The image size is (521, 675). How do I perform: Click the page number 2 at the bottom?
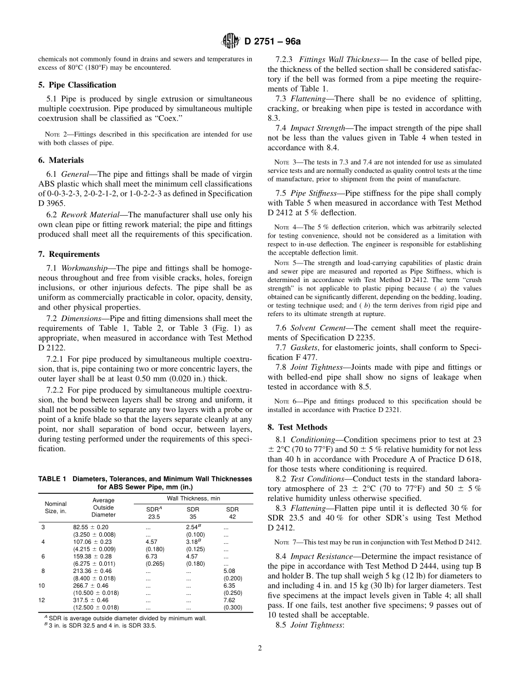pos(260,648)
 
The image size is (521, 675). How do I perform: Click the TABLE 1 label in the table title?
pos(53,479)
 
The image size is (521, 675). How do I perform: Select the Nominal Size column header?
pos(55,508)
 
